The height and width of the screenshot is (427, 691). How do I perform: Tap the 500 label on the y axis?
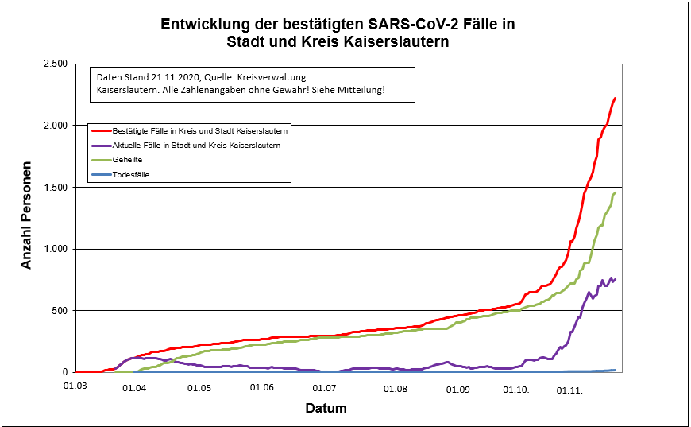pyautogui.click(x=60, y=311)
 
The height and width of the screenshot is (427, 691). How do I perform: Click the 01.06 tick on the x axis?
pyautogui.click(x=261, y=388)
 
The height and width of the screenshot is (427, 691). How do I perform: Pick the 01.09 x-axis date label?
pyautogui.click(x=458, y=390)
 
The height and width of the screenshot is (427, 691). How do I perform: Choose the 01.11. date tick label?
pyautogui.click(x=569, y=390)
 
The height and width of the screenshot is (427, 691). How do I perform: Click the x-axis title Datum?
pyautogui.click(x=326, y=409)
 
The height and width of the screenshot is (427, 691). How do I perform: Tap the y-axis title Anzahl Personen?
pyautogui.click(x=27, y=218)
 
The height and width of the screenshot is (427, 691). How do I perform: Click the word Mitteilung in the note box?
pyautogui.click(x=360, y=91)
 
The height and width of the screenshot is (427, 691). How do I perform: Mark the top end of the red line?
pyautogui.click(x=615, y=98)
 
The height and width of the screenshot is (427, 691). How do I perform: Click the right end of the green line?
pyautogui.click(x=615, y=192)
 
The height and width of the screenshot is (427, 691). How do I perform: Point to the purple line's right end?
pyautogui.click(x=616, y=278)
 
